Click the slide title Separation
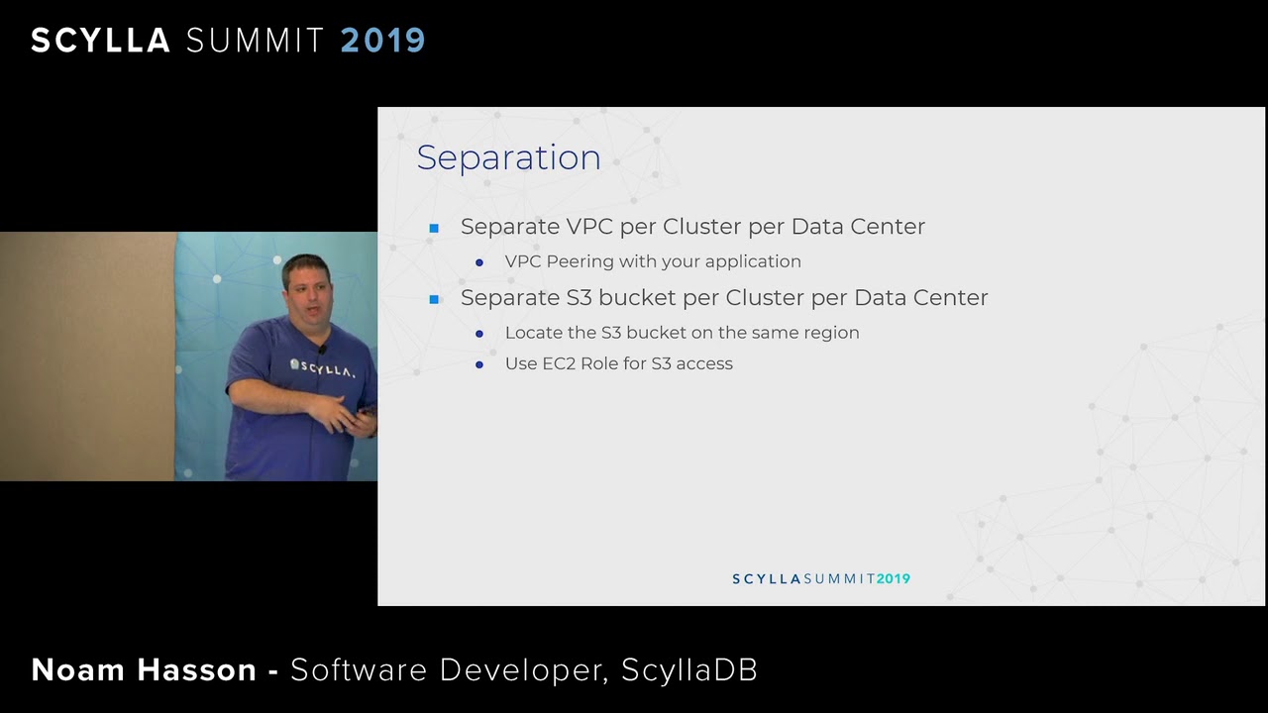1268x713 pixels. pos(508,158)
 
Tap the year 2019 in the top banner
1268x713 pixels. pos(382,41)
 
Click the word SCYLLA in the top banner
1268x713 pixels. pos(100,41)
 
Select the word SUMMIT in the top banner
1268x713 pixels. pos(256,41)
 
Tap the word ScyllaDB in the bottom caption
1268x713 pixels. pos(689,670)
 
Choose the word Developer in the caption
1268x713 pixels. pos(522,670)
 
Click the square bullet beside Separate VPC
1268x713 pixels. pos(434,228)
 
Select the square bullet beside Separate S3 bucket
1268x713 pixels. pos(434,299)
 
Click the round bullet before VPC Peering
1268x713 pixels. pos(479,262)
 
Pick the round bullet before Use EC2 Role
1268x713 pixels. pos(479,364)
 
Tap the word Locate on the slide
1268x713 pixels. pos(533,333)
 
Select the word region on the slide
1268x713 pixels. pos(832,333)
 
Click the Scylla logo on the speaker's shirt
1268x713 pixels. pos(322,368)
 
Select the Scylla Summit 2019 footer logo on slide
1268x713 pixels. pos(821,579)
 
